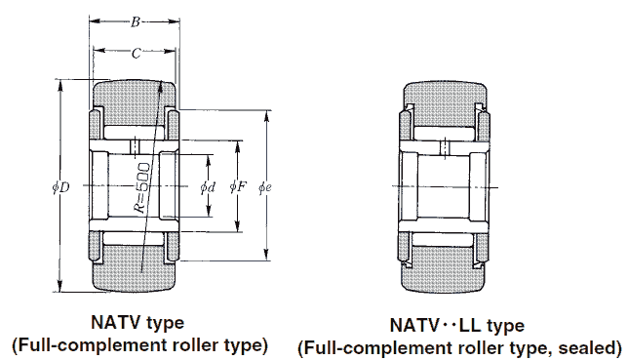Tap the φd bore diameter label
(206, 186)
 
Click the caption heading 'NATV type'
(137, 322)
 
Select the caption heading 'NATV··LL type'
(458, 325)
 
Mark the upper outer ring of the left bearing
(136, 94)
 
